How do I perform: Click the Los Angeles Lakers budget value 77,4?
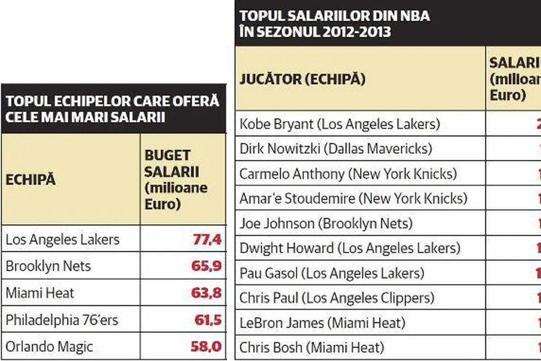[207, 239]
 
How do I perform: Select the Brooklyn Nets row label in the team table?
[48, 266]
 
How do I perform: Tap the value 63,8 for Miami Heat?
[207, 293]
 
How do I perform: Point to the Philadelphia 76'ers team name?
[62, 320]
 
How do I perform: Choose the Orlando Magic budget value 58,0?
[206, 346]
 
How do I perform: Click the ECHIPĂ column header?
[30, 181]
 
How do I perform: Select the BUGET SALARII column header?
[175, 180]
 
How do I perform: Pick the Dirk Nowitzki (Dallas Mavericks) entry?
[335, 149]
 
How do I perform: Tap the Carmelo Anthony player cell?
[348, 174]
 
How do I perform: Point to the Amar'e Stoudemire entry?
[353, 199]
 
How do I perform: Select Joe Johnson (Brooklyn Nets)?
[326, 223]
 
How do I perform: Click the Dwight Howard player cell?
[349, 248]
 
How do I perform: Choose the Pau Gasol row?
[332, 273]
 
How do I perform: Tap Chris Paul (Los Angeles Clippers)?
[337, 298]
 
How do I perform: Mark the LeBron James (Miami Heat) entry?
[322, 323]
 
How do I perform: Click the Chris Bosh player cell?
[312, 347]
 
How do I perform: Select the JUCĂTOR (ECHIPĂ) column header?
[302, 79]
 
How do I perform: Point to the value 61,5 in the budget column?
[208, 320]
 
